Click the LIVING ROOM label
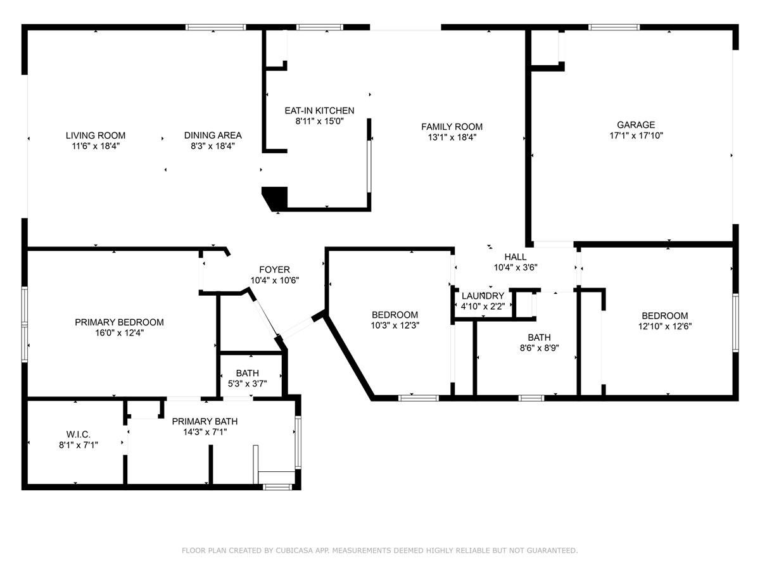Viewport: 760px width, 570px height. (x=96, y=136)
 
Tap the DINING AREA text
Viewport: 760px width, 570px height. (x=213, y=136)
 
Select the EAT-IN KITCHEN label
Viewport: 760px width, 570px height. (x=319, y=111)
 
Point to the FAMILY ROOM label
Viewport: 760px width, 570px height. (x=452, y=127)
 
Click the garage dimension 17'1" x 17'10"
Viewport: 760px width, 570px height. (x=636, y=136)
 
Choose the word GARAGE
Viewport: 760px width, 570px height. (x=636, y=125)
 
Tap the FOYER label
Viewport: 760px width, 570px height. (x=274, y=270)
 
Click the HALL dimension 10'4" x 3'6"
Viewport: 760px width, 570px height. (x=515, y=267)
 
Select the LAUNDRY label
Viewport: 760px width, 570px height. (x=483, y=296)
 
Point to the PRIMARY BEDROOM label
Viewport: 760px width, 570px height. (x=119, y=322)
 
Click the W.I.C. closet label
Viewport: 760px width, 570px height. (x=79, y=434)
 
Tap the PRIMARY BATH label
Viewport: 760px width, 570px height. (x=205, y=422)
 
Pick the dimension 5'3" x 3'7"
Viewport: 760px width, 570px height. (x=247, y=384)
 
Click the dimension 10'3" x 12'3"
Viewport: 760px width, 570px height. (x=395, y=326)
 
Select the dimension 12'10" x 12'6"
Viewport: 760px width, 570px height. (x=665, y=326)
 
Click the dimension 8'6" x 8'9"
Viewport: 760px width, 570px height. (x=539, y=348)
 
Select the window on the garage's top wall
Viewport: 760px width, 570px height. (x=614, y=27)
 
